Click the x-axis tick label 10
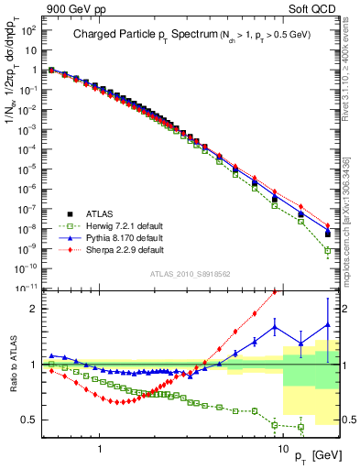point(283,441)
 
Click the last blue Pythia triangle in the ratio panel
point(328,324)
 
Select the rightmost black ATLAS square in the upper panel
point(328,234)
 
